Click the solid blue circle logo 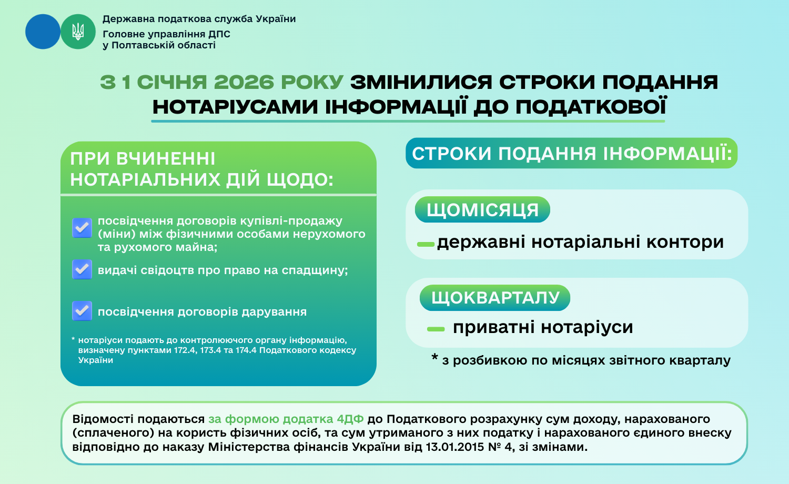point(43,32)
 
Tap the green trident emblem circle point(78,32)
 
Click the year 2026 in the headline point(244,82)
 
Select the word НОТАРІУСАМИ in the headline point(235,107)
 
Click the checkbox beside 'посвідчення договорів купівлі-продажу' point(82,228)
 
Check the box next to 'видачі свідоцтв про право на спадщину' point(82,269)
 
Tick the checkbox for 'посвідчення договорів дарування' point(82,311)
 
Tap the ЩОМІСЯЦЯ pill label point(482,209)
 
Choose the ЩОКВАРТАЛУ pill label point(495,298)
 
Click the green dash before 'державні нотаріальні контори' point(426,244)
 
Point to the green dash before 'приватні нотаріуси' point(436,329)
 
